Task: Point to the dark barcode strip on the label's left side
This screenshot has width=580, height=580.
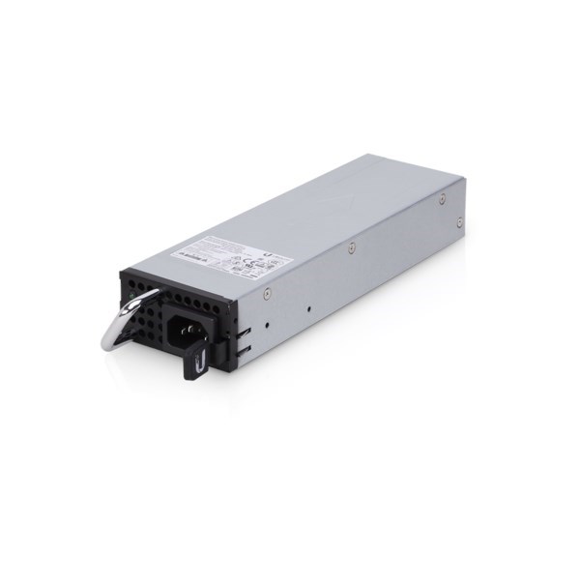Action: pyautogui.click(x=186, y=253)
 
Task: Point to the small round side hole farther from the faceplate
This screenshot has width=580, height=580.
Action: pyautogui.click(x=307, y=310)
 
